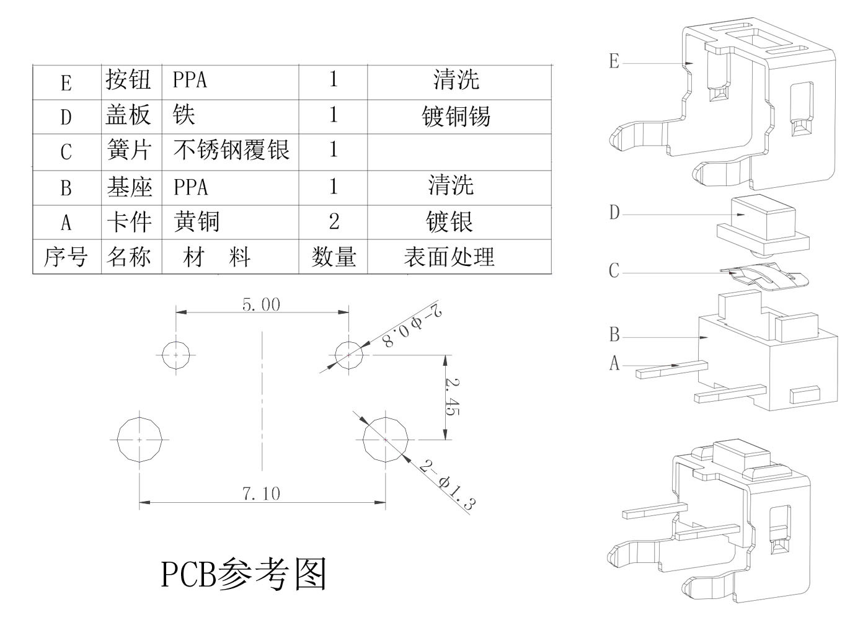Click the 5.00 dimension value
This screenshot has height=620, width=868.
pyautogui.click(x=261, y=304)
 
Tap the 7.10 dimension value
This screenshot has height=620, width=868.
pyautogui.click(x=260, y=494)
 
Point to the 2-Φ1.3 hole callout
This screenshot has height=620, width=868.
pyautogui.click(x=446, y=485)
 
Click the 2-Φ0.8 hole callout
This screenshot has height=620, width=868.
pyautogui.click(x=413, y=326)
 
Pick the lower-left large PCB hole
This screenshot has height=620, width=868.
pyautogui.click(x=140, y=439)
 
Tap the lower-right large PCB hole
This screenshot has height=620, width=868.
pyautogui.click(x=386, y=439)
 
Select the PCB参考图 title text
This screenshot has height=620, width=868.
pyautogui.click(x=244, y=574)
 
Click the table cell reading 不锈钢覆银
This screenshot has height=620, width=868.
pyautogui.click(x=231, y=150)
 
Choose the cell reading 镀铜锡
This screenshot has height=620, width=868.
pyautogui.click(x=456, y=116)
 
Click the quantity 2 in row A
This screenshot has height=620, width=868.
pyautogui.click(x=334, y=221)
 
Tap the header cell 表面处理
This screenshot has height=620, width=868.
pyautogui.click(x=449, y=257)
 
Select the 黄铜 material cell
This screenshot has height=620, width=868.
pyautogui.click(x=197, y=221)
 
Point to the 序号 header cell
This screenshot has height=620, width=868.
pyautogui.click(x=66, y=257)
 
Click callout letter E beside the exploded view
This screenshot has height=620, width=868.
pyautogui.click(x=614, y=61)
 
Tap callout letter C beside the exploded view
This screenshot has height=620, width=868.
pyautogui.click(x=614, y=271)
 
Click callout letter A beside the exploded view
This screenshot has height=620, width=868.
pyautogui.click(x=614, y=363)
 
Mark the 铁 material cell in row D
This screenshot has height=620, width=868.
pyautogui.click(x=185, y=115)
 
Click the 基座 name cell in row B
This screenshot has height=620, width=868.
pyautogui.click(x=130, y=187)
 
